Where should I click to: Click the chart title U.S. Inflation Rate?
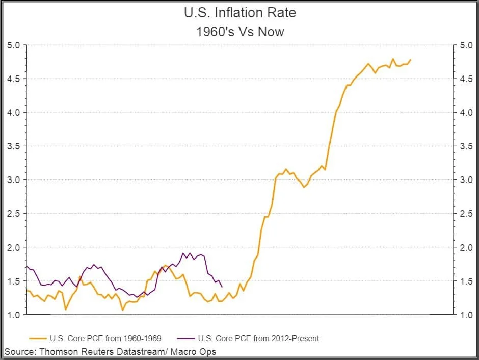(x=240, y=13)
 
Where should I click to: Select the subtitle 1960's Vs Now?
(x=240, y=32)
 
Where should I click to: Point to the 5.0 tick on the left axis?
(x=14, y=45)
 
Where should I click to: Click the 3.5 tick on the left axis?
(x=14, y=146)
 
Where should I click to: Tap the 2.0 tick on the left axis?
(x=14, y=247)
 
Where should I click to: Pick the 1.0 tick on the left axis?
(x=14, y=315)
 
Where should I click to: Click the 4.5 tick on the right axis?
(x=466, y=79)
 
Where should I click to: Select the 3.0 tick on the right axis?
(x=466, y=180)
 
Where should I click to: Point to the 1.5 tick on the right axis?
(x=466, y=281)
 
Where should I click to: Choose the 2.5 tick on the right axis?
(x=466, y=214)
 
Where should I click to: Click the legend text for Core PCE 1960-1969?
(x=105, y=338)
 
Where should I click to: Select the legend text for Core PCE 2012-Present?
(x=258, y=338)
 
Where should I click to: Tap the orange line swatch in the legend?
(x=38, y=338)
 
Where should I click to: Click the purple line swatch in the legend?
(x=185, y=338)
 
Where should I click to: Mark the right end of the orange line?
(x=411, y=60)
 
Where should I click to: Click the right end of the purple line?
(x=222, y=287)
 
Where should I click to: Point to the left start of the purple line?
(x=26, y=266)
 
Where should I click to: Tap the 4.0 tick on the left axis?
(x=14, y=113)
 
